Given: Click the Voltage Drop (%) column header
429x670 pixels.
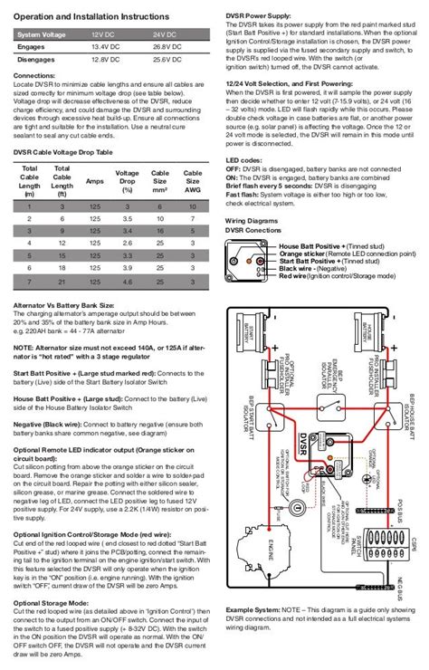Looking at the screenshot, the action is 128,177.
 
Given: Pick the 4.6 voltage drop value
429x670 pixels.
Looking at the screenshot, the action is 128,282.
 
